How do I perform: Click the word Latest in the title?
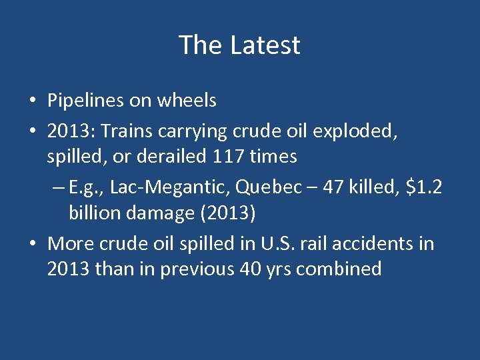coord(265,45)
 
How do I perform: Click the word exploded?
coord(354,132)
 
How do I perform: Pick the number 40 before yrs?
coord(251,269)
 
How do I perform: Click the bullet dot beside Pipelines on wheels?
coord(33,101)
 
